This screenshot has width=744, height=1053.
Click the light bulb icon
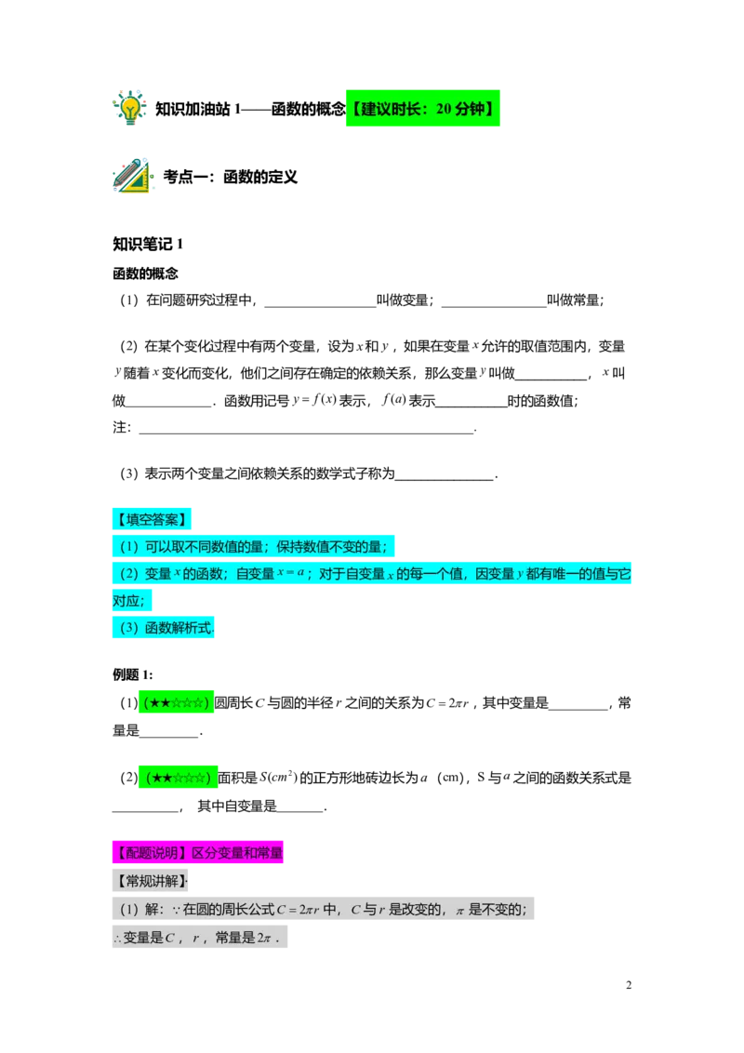click(x=130, y=107)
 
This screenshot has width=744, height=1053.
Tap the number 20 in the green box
click(x=444, y=109)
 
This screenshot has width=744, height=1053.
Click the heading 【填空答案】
click(x=152, y=519)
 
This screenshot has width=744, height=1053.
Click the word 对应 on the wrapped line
click(x=127, y=601)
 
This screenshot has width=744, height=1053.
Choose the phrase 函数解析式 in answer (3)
click(x=179, y=628)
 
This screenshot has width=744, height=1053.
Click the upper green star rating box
click(x=176, y=701)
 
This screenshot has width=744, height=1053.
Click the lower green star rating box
click(x=179, y=777)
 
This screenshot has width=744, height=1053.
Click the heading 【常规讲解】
click(x=150, y=880)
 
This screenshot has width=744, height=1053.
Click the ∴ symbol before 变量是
click(x=117, y=939)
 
